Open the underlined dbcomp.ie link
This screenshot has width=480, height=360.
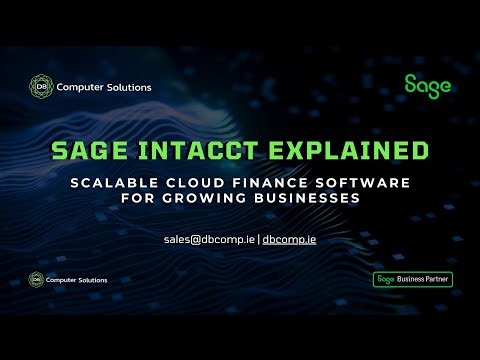289,239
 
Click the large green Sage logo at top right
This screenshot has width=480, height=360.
427,85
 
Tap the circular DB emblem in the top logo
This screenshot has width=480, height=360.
39,87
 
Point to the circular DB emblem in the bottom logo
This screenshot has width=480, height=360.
37,279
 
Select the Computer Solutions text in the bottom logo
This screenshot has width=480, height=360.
80,279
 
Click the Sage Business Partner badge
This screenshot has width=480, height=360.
412,279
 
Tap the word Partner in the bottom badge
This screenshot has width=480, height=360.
435,279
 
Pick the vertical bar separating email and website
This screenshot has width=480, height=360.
259,239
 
